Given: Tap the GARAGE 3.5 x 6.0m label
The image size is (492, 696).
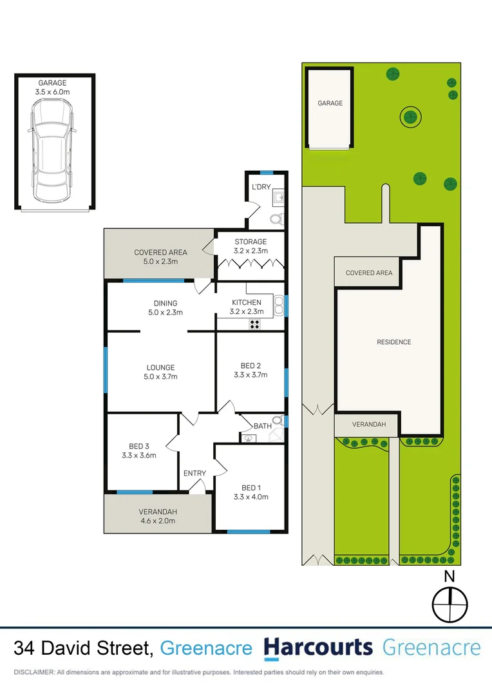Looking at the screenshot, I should point(53,88).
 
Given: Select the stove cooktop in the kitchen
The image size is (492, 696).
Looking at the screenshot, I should point(255,325).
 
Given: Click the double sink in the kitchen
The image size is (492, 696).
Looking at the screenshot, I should point(278,305).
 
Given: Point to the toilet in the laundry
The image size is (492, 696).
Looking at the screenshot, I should point(276,219).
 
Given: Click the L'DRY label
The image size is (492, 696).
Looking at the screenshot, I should point(261,187).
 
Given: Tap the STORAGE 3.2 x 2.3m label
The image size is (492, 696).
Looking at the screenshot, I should point(251,246).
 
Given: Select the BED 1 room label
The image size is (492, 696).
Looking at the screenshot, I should point(251,492).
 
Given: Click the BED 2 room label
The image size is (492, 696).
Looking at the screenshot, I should point(251,370).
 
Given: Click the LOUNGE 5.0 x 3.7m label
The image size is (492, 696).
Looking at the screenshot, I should point(160,372).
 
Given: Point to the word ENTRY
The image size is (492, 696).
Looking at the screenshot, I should point(194,474).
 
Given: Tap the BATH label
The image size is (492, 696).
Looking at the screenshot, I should point(262,426).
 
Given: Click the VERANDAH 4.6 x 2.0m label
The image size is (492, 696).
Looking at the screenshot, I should point(158,516).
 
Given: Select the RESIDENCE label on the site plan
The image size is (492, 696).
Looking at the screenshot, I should point(393,342).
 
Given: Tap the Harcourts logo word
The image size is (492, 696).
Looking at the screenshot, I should point(318,648).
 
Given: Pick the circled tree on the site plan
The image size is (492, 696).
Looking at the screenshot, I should point(410,117).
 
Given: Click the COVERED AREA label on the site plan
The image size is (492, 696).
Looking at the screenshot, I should point(368,273).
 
